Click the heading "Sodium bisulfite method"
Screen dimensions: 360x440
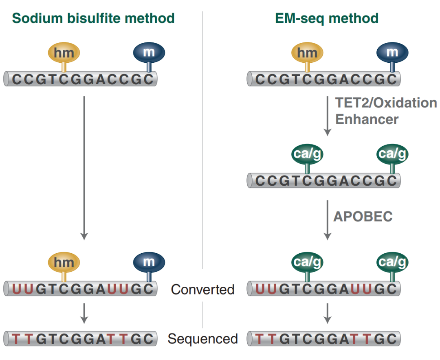[x=93, y=18]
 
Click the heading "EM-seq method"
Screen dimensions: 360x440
[x=326, y=18]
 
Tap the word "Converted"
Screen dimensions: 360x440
[x=202, y=290]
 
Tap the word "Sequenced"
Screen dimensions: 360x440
[x=202, y=339]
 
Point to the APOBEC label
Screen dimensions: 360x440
[x=363, y=217]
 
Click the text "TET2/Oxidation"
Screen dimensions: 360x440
[x=385, y=103]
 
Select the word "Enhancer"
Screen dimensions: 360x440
[x=367, y=119]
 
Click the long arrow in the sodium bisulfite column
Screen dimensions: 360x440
[x=84, y=167]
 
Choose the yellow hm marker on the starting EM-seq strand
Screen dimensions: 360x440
[x=307, y=53]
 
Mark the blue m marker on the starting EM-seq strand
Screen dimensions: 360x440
[x=392, y=53]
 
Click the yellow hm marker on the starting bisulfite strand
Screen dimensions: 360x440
[x=64, y=53]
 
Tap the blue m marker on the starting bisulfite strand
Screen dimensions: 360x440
[x=149, y=53]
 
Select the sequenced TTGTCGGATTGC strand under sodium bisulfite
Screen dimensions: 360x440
[x=81, y=339]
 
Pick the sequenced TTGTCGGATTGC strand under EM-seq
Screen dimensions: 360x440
[x=324, y=339]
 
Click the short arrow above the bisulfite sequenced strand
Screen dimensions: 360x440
[x=84, y=313]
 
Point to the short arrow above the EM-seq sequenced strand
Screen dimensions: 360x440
[x=327, y=313]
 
